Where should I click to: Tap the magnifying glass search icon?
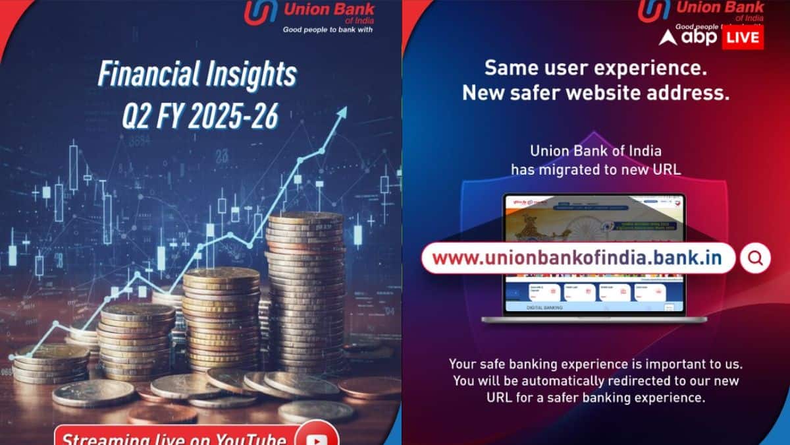tap(755, 258)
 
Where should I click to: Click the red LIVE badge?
tap(743, 37)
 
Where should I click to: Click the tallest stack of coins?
tap(305, 290)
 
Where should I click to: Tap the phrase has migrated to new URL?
tap(595, 169)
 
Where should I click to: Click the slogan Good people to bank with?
tap(327, 30)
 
